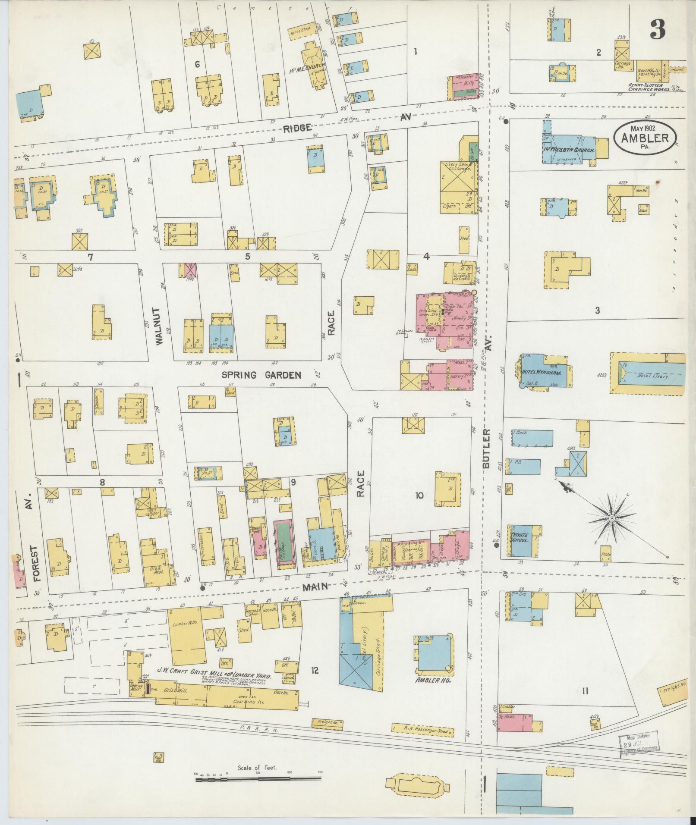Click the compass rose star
(611, 518)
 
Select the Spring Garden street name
(261, 375)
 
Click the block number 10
(419, 495)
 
